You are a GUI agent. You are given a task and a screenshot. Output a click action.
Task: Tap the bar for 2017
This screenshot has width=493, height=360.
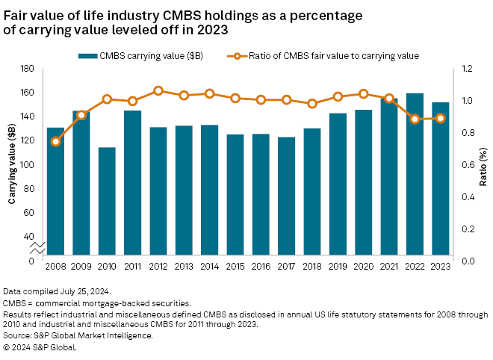click(x=286, y=199)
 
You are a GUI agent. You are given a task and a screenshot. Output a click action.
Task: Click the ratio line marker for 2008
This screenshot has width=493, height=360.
click(x=56, y=141)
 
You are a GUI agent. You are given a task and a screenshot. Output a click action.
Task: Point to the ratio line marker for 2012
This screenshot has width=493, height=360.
click(x=158, y=90)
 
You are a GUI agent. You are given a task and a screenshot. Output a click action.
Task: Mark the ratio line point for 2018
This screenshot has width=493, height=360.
click(x=312, y=104)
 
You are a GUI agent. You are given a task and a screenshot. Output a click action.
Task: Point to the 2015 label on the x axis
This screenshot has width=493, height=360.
click(x=235, y=266)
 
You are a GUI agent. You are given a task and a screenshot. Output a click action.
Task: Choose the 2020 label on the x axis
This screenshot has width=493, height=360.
click(x=363, y=266)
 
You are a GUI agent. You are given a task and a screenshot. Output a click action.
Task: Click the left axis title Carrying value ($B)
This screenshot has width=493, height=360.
click(x=12, y=165)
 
